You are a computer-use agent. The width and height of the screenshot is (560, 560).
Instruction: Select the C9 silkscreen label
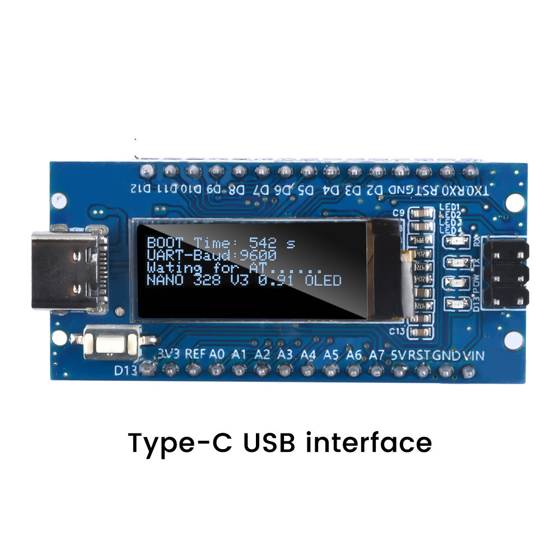(399, 213)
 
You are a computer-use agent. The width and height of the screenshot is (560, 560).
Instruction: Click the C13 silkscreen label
(397, 331)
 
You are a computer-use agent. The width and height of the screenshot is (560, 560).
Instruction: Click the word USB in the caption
(271, 442)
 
